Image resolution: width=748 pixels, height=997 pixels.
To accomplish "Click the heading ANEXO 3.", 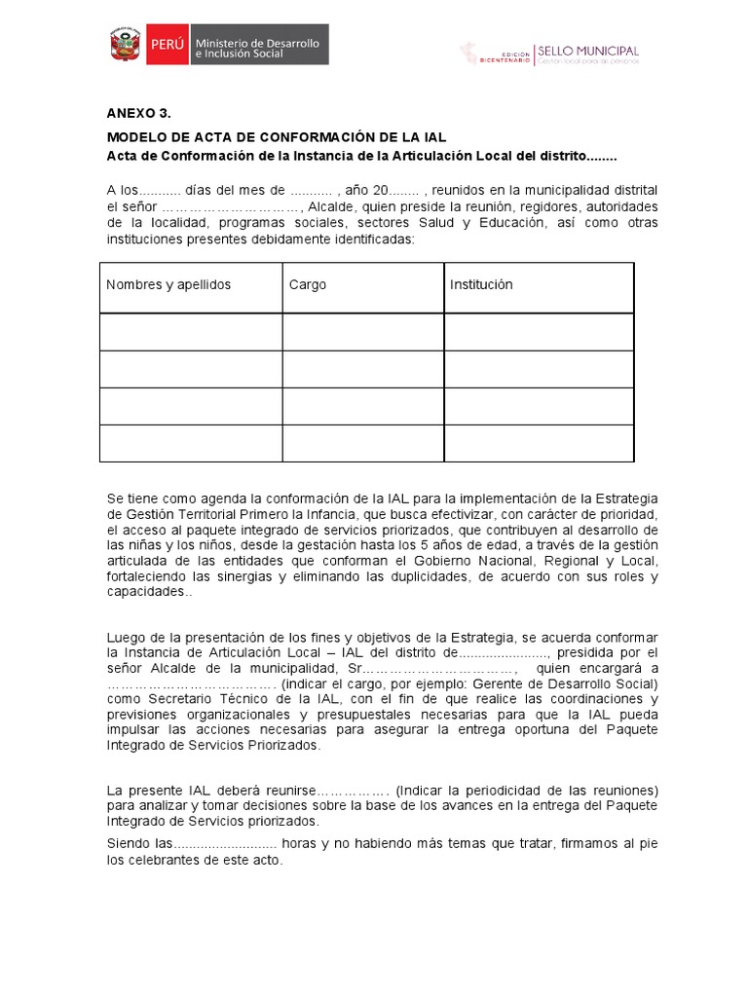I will tap(131, 113).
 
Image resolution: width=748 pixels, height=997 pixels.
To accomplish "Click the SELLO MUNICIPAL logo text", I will tap(589, 50).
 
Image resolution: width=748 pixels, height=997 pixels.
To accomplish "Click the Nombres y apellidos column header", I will tap(168, 285).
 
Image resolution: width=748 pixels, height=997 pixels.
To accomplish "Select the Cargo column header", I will tap(308, 285).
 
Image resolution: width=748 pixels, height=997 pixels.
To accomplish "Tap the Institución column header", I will tap(481, 285).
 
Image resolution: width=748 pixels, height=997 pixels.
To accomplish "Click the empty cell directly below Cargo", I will tap(363, 331).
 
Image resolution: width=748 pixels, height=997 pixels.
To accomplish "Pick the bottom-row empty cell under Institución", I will tap(539, 443).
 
